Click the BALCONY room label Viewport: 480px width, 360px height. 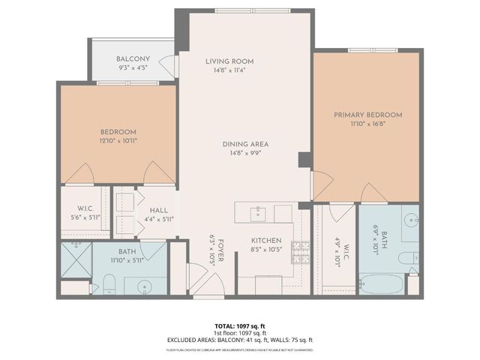click(x=133, y=59)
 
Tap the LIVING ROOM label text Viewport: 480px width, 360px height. click(x=230, y=61)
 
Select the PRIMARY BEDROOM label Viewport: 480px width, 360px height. click(x=367, y=115)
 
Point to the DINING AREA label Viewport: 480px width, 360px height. click(x=244, y=144)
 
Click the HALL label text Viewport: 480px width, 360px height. click(x=158, y=211)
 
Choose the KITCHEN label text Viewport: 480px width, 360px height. click(x=265, y=241)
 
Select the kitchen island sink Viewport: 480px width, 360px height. click(x=259, y=212)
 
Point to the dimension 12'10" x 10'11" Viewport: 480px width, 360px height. click(x=118, y=140)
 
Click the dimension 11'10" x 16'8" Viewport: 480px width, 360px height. click(x=367, y=124)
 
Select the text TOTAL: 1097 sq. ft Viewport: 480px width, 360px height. click(x=239, y=325)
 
